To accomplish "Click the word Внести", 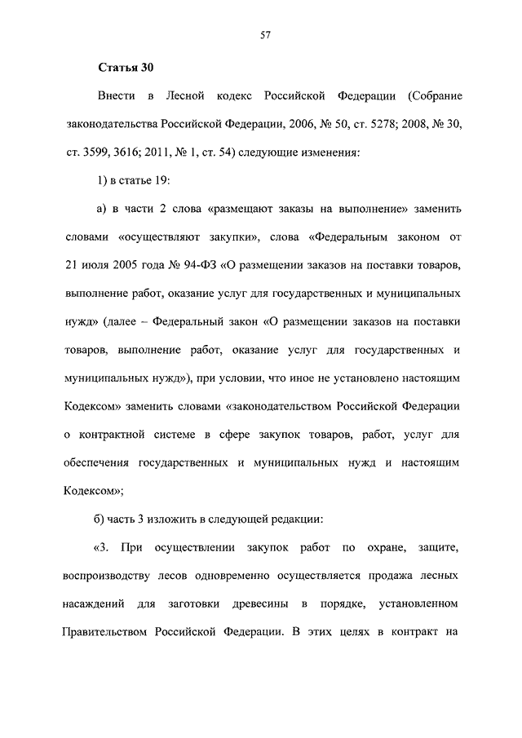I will [116, 96].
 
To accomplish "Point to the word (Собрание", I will [433, 96].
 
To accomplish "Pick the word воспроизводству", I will [109, 576].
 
